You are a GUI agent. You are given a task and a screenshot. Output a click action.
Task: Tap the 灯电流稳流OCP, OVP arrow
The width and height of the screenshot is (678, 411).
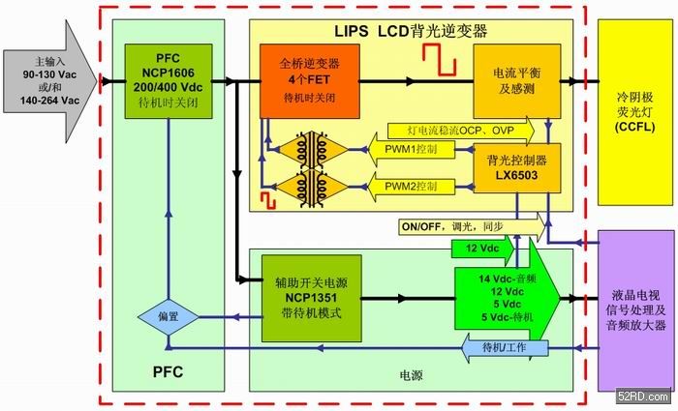click(459, 129)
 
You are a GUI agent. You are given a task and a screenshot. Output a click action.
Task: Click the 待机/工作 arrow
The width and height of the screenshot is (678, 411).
click(523, 347)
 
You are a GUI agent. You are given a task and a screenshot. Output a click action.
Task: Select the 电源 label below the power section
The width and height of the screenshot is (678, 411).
click(412, 372)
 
